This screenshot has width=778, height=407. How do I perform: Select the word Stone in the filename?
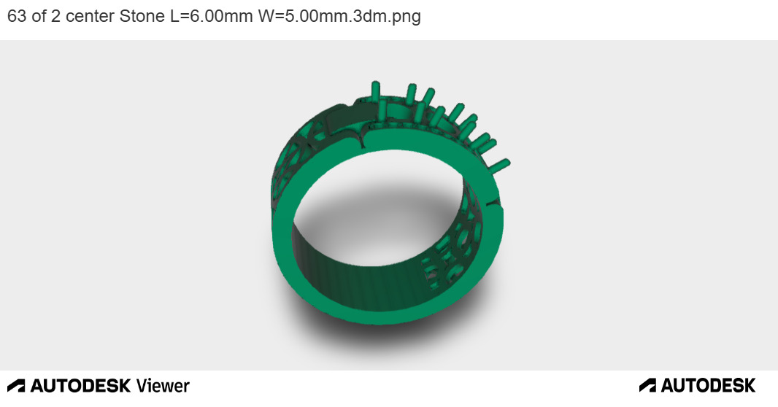point(142,16)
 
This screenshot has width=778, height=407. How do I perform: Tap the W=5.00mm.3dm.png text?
point(339,16)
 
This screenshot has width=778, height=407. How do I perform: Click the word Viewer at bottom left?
point(163,385)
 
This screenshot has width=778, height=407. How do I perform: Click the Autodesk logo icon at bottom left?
point(16,385)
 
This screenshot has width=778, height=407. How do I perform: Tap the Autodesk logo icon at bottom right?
point(647,385)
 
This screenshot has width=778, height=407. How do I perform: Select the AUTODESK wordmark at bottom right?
point(708,385)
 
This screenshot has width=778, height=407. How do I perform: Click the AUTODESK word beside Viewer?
point(80,385)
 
